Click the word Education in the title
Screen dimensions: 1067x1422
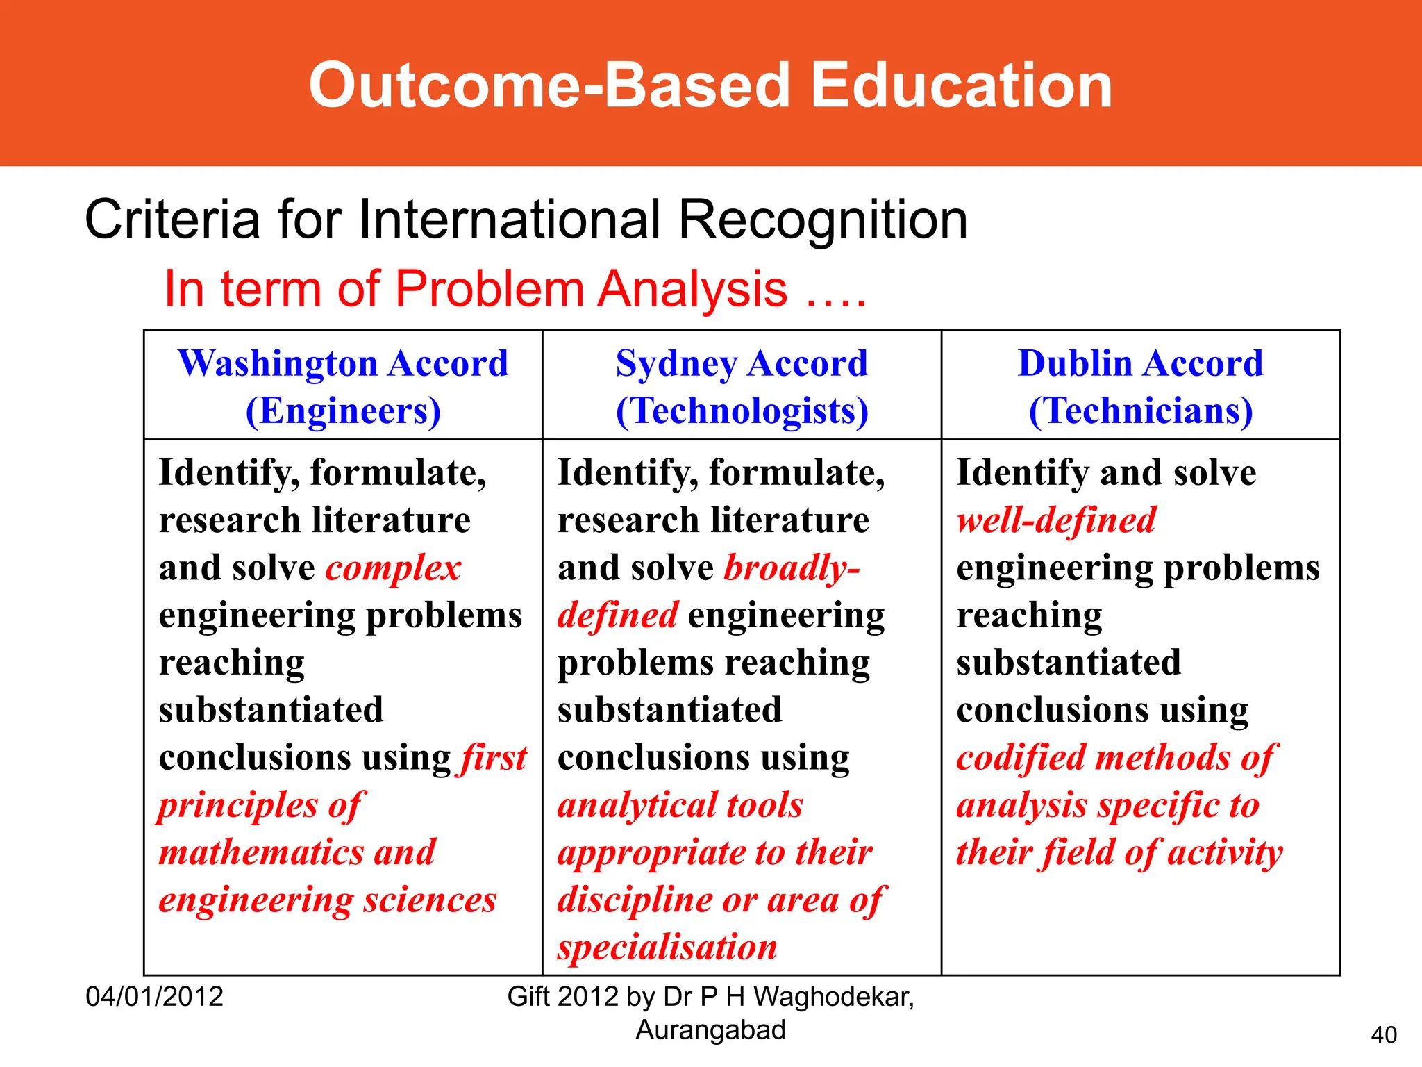[961, 85]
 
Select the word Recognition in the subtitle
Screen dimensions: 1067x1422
[823, 220]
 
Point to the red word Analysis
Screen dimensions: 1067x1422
[692, 289]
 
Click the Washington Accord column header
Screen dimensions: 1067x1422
[343, 363]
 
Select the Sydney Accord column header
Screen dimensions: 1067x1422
[742, 363]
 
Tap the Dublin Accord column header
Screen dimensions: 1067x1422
[1140, 363]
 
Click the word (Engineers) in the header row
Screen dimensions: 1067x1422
[343, 411]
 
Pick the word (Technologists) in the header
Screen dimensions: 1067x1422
[742, 411]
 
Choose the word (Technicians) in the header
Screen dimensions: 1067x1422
[1140, 411]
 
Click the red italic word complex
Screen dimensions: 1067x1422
[393, 568]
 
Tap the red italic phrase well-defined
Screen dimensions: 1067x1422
[1056, 520]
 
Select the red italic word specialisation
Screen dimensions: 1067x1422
[667, 948]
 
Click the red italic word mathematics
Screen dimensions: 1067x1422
[260, 852]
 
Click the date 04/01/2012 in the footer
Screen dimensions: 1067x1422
[154, 997]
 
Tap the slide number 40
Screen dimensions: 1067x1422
[1384, 1035]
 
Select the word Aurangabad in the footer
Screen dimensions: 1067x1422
[710, 1030]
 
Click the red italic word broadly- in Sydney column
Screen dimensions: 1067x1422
[792, 568]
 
